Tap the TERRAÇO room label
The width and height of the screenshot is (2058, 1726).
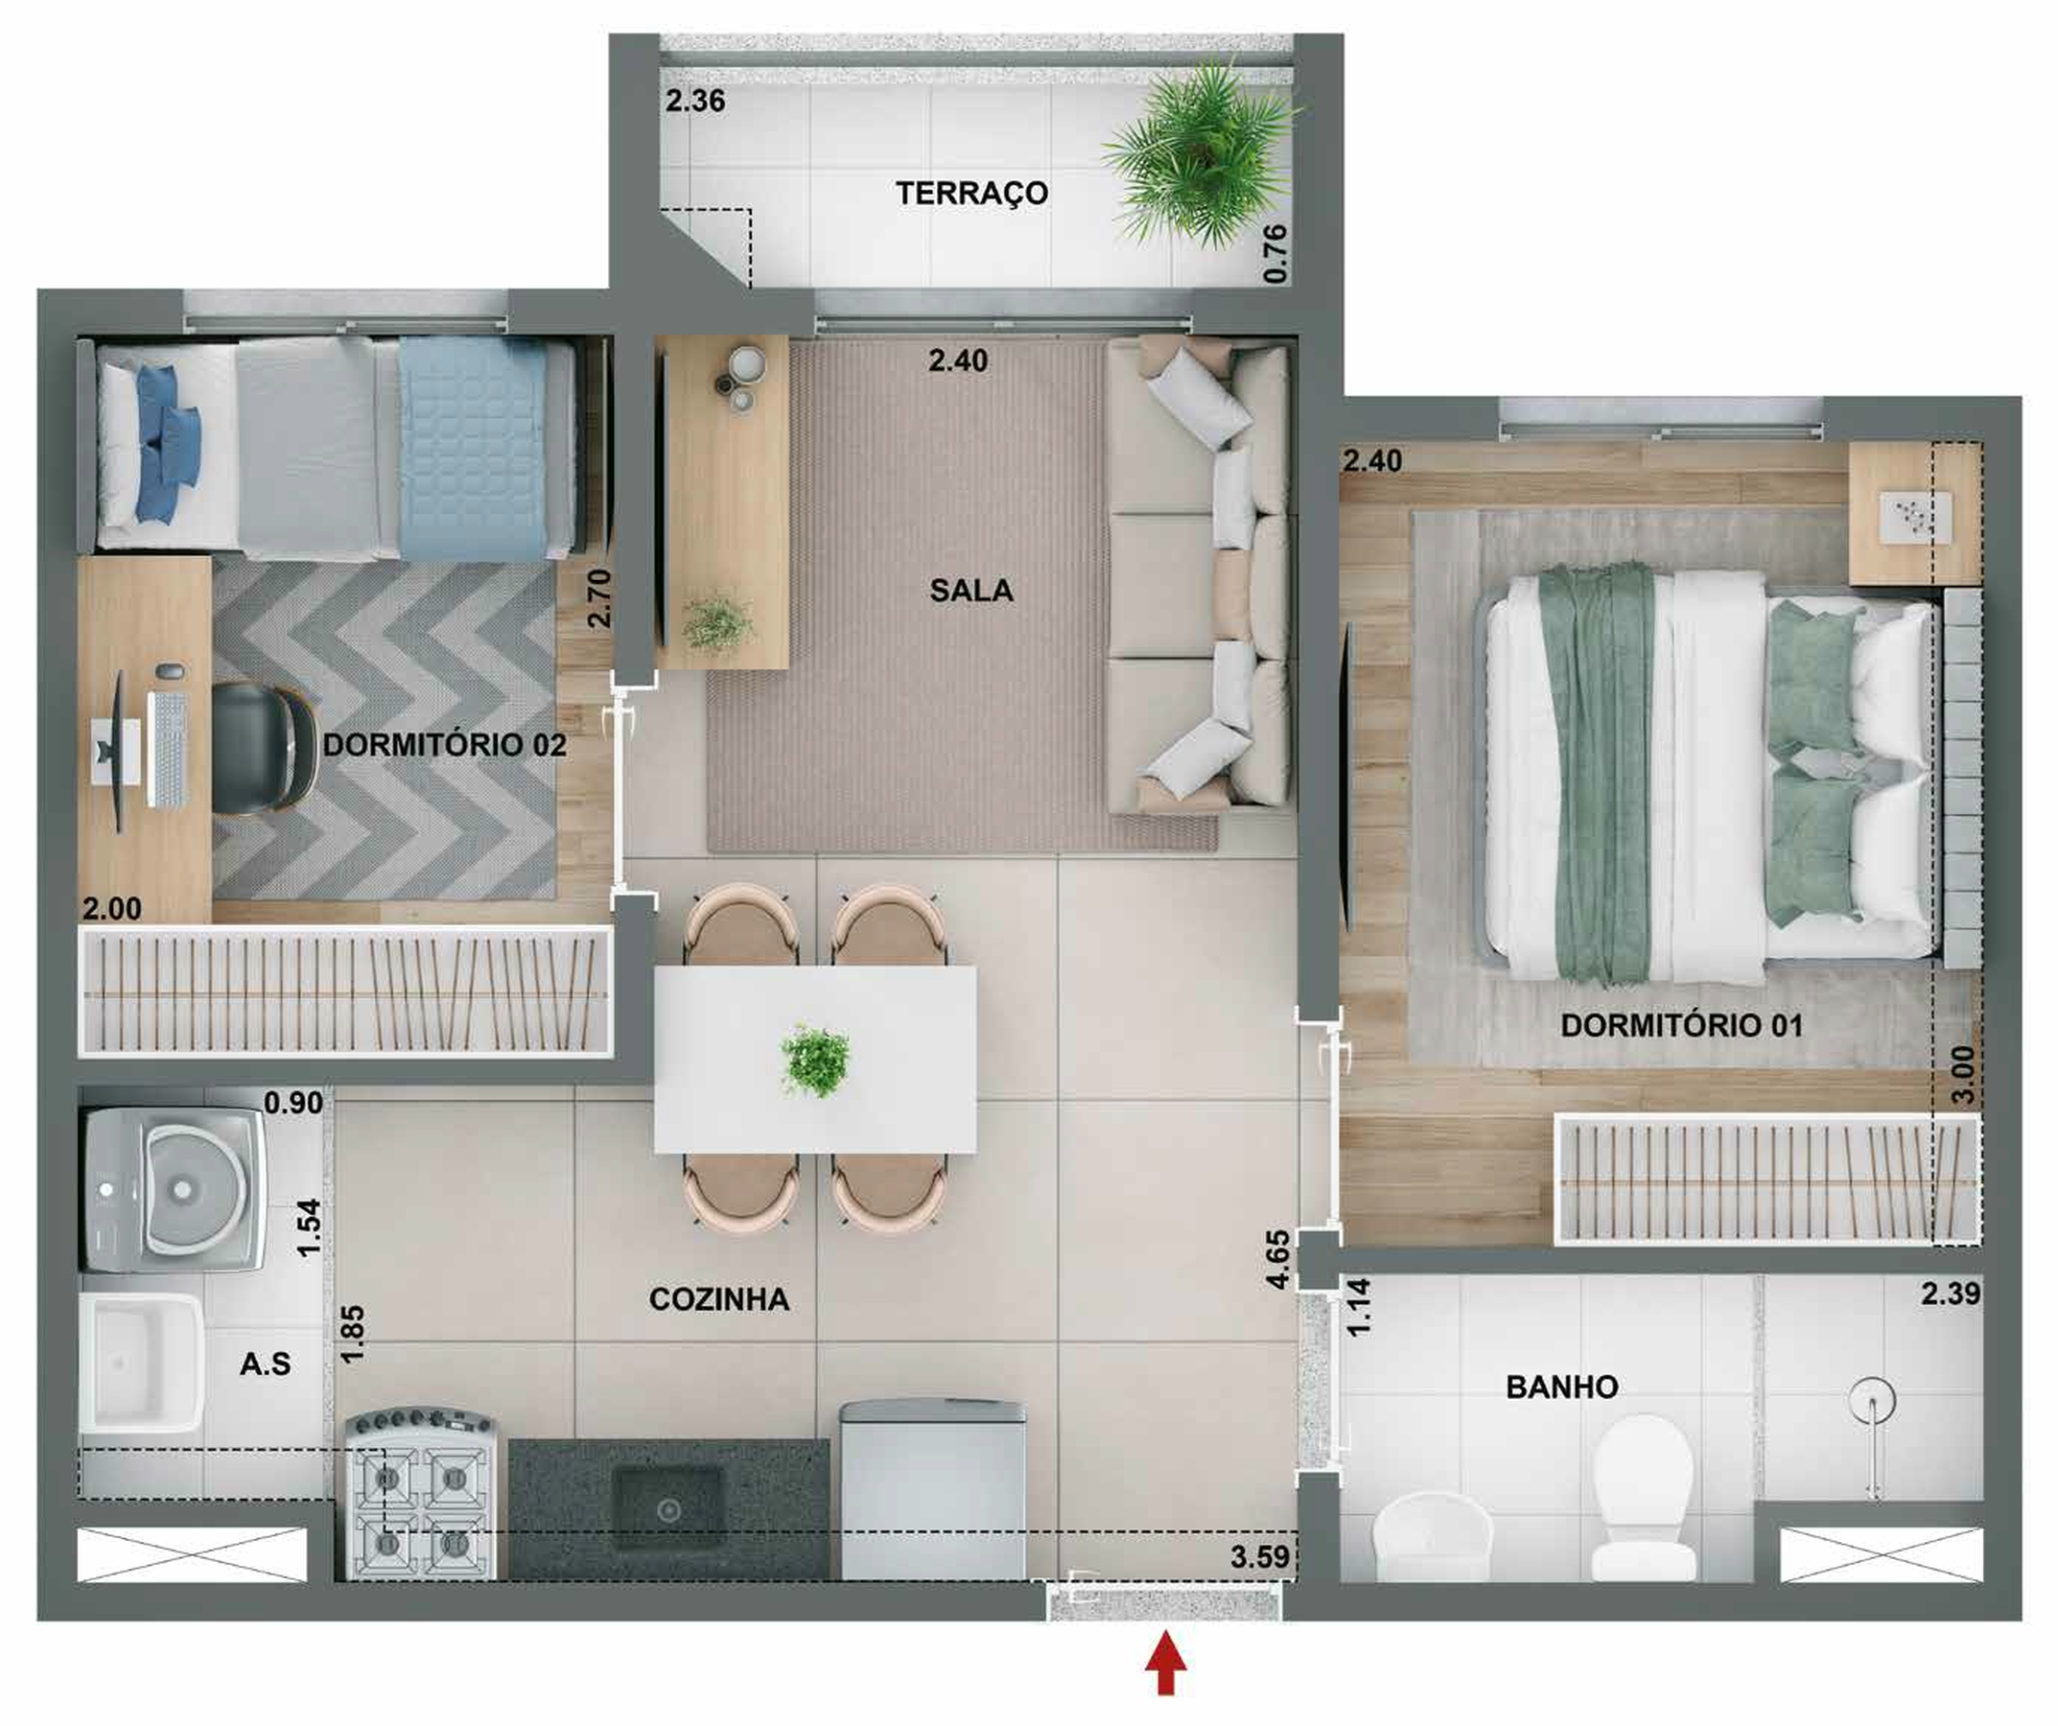point(971,193)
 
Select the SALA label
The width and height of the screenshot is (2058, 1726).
point(971,590)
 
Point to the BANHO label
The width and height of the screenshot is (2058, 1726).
point(1561,1387)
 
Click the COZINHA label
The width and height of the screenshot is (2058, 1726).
point(718,1299)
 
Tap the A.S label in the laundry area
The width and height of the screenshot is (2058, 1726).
point(265,1364)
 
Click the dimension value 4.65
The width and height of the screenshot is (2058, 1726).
point(1277,1259)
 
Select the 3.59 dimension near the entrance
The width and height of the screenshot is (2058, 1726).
point(1259,1556)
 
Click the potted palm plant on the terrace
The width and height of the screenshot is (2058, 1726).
point(1201,157)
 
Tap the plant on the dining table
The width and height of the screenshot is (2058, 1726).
point(815,1060)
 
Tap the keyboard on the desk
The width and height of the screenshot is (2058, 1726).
point(169,750)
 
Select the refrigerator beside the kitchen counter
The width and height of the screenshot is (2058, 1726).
point(932,1490)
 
